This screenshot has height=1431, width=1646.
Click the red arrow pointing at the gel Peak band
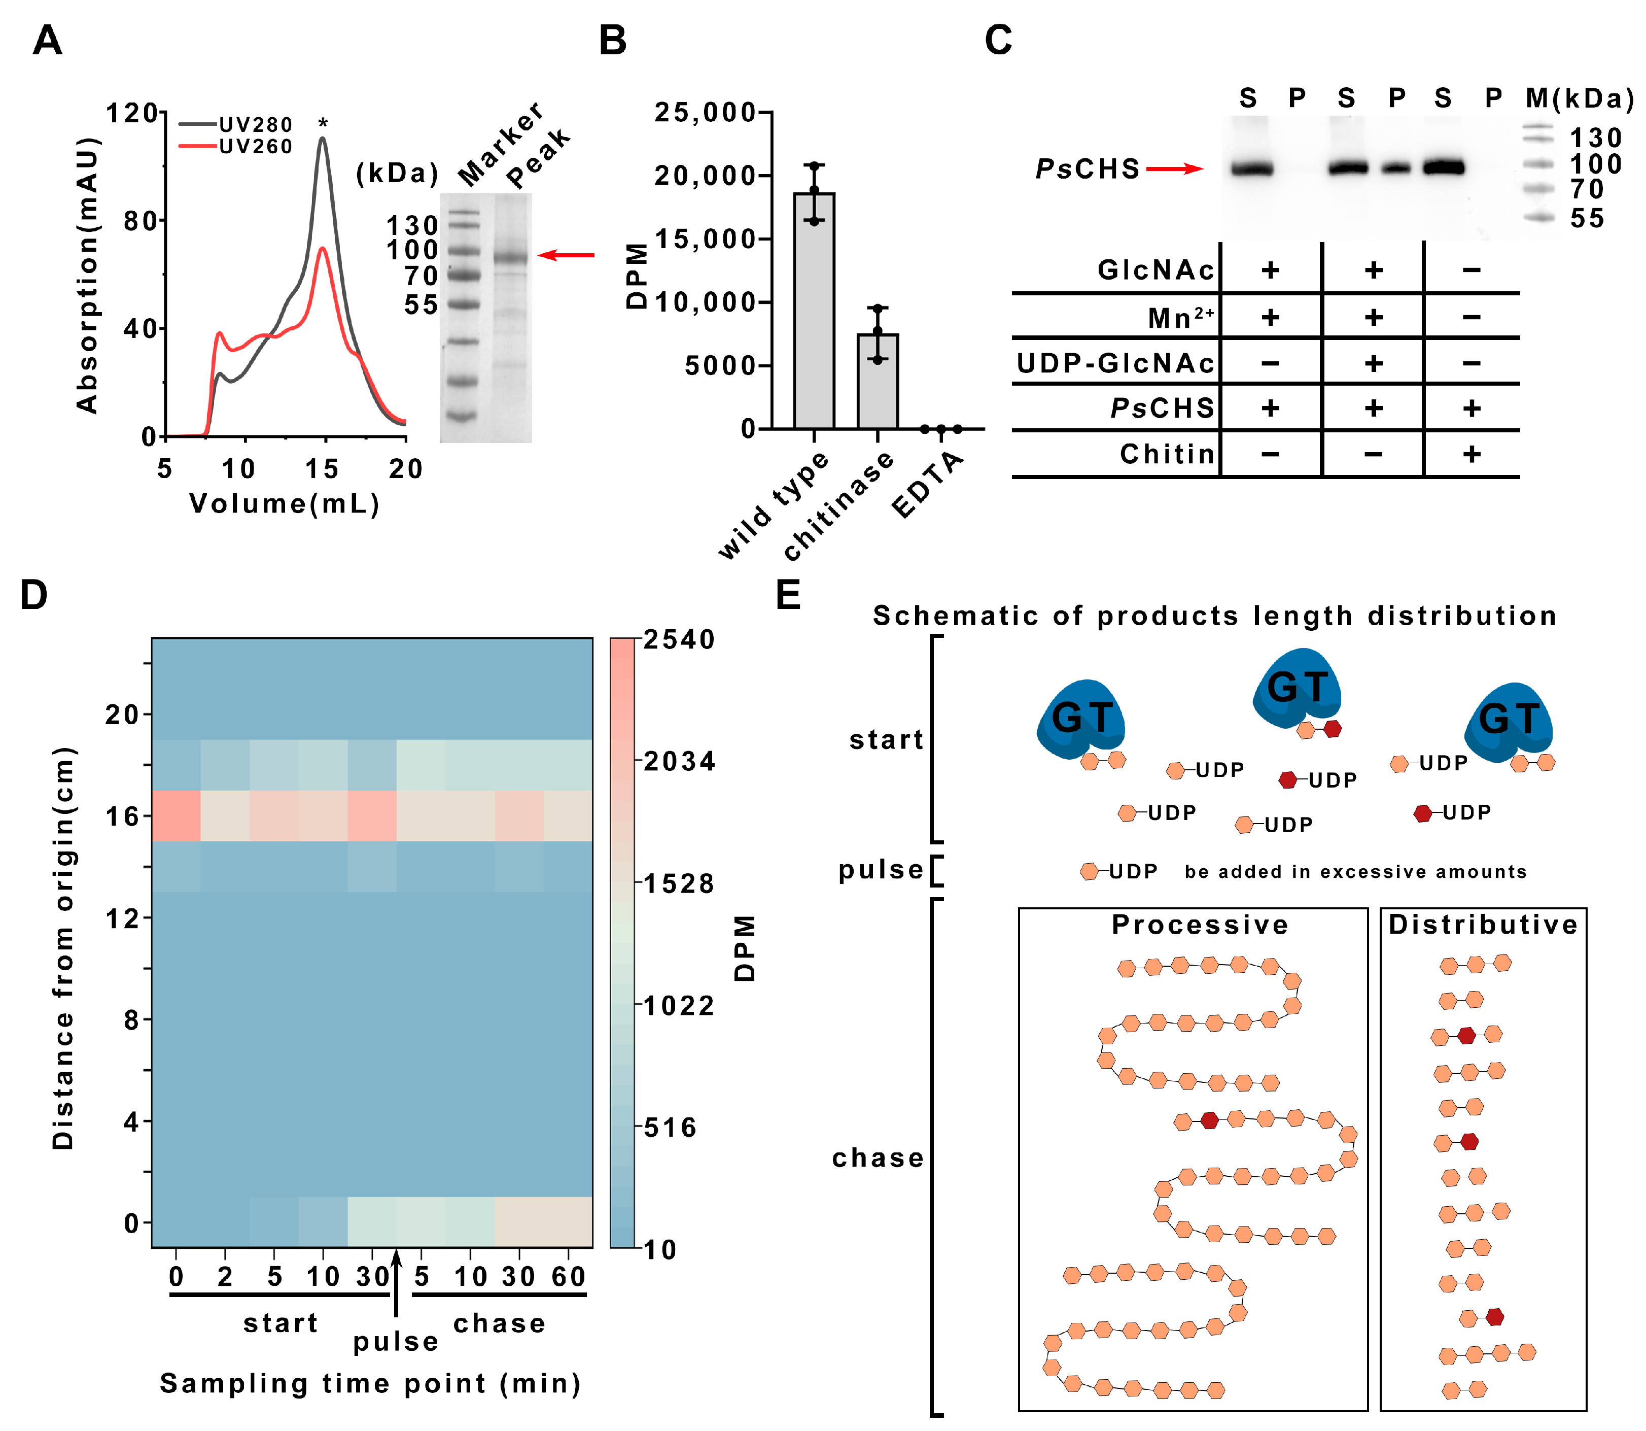(x=567, y=255)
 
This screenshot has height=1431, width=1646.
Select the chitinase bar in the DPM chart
(x=878, y=381)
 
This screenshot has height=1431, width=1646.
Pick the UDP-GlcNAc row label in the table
(x=1114, y=363)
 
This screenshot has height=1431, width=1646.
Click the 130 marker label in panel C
(x=1595, y=138)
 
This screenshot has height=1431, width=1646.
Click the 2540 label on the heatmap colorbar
(x=679, y=640)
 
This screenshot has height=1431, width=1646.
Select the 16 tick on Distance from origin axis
(x=122, y=816)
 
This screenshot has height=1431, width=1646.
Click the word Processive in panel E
(x=1199, y=925)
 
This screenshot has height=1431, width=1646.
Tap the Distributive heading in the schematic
(x=1482, y=925)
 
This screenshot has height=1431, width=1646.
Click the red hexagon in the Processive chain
(x=1209, y=1120)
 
